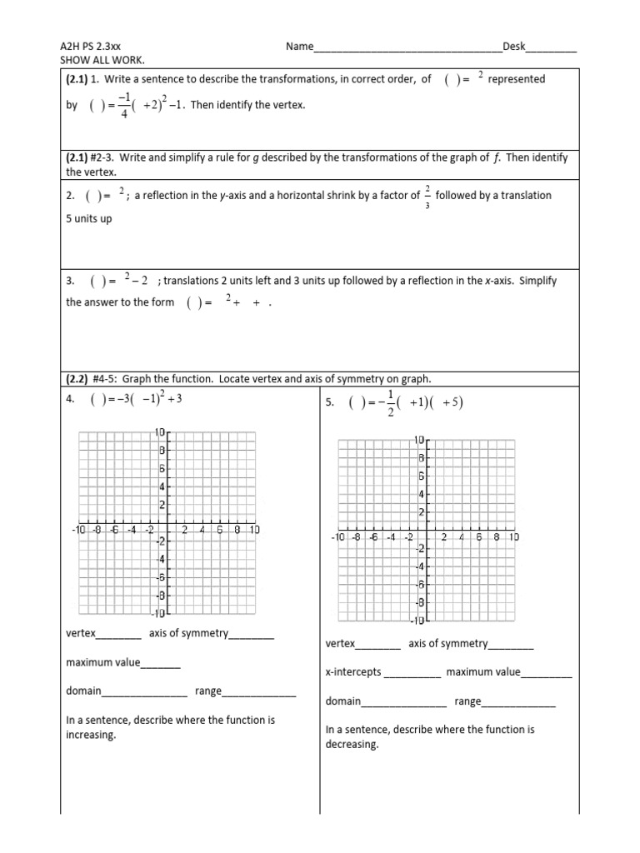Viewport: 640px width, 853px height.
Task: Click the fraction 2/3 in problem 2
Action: click(x=427, y=196)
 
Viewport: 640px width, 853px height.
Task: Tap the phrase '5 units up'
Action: click(x=89, y=219)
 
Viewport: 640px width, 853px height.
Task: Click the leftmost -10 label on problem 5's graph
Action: click(x=337, y=537)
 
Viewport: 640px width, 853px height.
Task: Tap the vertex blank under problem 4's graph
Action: click(x=119, y=635)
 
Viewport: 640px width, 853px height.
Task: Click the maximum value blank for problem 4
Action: click(x=161, y=664)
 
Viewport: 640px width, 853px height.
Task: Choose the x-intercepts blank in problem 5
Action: click(x=412, y=674)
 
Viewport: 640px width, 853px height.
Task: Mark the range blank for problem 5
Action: click(x=518, y=702)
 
